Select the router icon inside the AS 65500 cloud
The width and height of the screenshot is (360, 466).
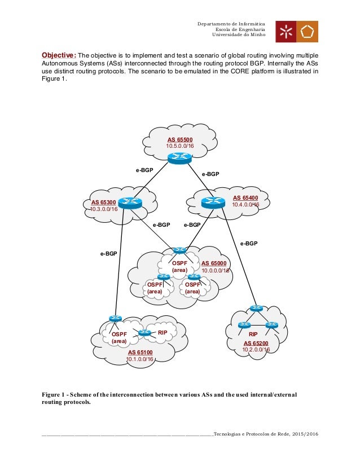(x=179, y=157)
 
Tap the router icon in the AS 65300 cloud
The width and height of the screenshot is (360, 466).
(x=131, y=204)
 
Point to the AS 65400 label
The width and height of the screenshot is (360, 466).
(x=245, y=198)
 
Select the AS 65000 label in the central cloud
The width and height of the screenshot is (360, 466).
(x=213, y=263)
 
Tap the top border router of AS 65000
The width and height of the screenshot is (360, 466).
(x=180, y=250)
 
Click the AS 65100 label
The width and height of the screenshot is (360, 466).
(x=141, y=352)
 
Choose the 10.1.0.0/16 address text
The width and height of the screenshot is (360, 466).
(x=141, y=359)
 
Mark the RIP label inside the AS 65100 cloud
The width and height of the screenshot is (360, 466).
(x=163, y=333)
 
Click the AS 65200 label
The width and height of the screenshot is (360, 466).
(x=256, y=343)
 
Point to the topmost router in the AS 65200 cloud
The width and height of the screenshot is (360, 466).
(x=257, y=308)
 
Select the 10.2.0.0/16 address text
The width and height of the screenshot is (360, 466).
(x=256, y=350)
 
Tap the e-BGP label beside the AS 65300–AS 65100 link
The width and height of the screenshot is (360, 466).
(x=109, y=254)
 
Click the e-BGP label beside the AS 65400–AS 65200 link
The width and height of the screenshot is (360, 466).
(x=249, y=244)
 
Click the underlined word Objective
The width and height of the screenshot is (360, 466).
(x=59, y=55)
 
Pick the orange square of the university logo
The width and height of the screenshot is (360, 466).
(x=306, y=32)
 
